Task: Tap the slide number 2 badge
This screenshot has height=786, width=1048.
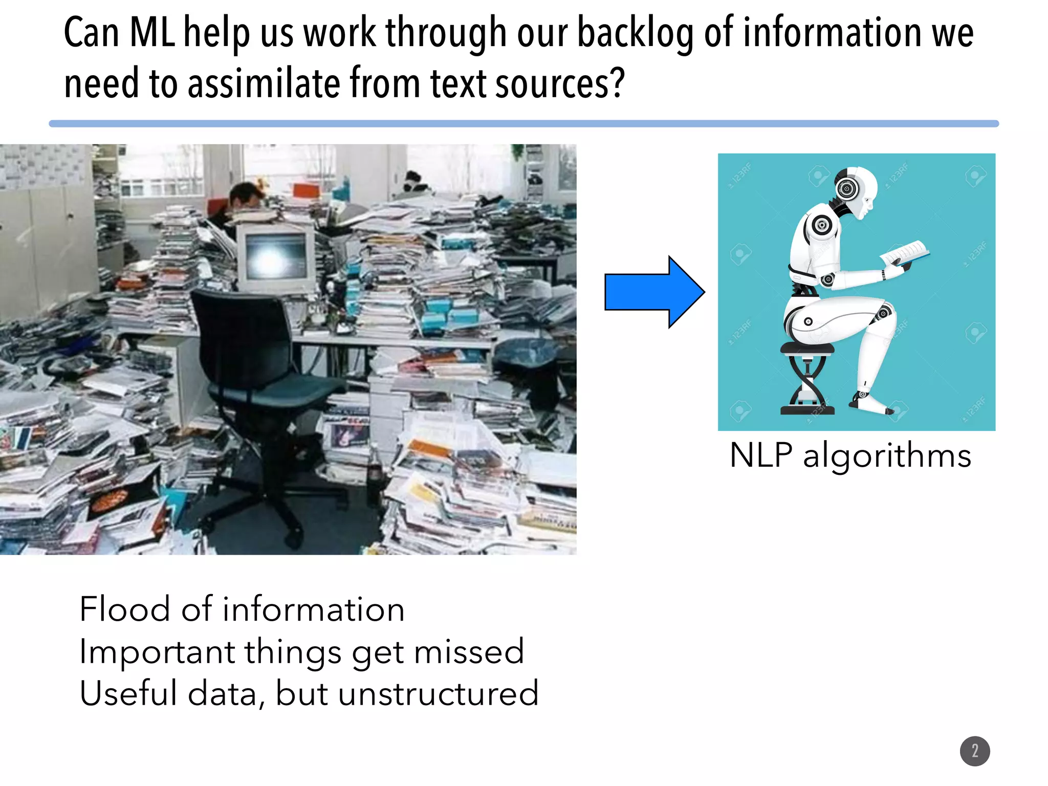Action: tap(975, 751)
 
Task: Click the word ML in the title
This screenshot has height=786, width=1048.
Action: tap(152, 33)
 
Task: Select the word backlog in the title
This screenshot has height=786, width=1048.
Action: tap(635, 33)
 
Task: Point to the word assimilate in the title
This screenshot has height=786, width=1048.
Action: tap(264, 83)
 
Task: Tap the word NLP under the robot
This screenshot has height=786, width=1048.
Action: tap(761, 455)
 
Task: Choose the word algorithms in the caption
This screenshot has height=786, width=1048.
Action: tap(887, 455)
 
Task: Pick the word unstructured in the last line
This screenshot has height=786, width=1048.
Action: tap(438, 694)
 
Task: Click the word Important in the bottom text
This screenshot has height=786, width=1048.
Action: tap(157, 652)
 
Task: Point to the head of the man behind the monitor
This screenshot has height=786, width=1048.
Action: tap(247, 197)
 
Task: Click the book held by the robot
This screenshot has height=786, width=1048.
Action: tap(905, 254)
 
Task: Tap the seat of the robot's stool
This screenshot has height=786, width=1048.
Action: tap(807, 348)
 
